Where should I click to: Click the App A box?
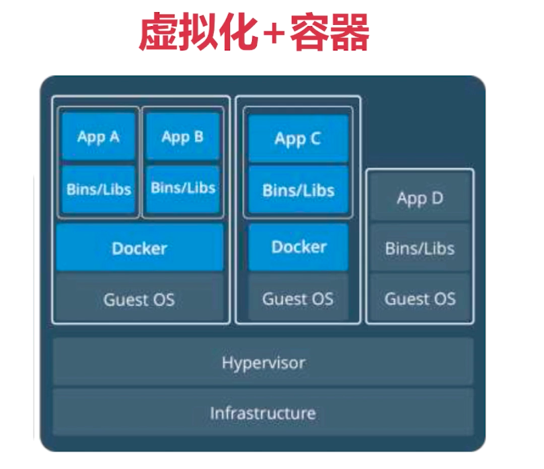pos(98,137)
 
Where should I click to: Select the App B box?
pos(182,137)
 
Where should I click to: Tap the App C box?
pos(298,139)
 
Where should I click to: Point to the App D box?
pos(420,199)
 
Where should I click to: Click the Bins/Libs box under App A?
pos(98,189)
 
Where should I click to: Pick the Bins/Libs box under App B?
pos(182,188)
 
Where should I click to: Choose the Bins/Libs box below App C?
pos(298,190)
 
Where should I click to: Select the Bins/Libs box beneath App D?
pos(420,248)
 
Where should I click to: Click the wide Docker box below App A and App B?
pos(139,248)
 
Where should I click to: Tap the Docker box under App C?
pos(298,247)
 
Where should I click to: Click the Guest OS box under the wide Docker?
pos(139,299)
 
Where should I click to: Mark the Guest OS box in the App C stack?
pos(298,298)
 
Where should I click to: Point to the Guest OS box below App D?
pos(420,298)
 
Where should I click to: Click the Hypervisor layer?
pos(263,363)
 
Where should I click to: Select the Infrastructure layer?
pos(263,412)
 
